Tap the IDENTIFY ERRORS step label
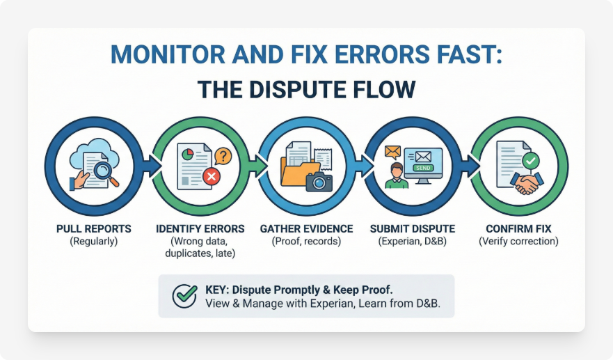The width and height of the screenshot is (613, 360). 200,228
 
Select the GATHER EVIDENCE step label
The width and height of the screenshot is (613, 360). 306,228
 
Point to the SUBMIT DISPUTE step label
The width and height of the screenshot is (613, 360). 413,228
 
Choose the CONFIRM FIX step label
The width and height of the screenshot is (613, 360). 518,228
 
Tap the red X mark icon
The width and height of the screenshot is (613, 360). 211,178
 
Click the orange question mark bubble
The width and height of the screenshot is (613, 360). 223,155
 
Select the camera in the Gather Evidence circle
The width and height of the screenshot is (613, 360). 319,182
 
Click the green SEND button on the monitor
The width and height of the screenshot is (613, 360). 422,168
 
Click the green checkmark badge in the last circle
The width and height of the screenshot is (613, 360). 531,161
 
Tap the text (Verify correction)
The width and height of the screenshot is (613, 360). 518,242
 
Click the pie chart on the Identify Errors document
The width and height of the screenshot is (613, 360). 187,152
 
